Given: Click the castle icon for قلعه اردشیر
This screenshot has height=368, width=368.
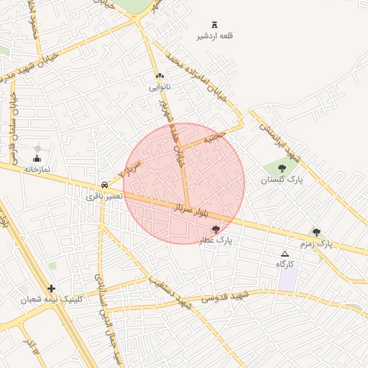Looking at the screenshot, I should (215, 24).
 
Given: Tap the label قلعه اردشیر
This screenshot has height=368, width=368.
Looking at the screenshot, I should (215, 36).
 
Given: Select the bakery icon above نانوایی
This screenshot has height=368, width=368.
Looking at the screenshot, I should (159, 76).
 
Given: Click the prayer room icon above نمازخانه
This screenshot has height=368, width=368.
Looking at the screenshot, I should (37, 157).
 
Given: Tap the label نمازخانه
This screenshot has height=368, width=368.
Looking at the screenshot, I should (37, 169).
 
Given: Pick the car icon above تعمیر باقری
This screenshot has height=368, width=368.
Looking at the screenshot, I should (106, 185).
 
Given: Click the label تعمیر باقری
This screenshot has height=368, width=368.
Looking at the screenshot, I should (105, 196).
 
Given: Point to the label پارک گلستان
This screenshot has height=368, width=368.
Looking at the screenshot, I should (282, 180).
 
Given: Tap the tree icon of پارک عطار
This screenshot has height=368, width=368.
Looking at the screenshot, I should (216, 229).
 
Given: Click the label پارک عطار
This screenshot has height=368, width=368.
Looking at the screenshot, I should (216, 241).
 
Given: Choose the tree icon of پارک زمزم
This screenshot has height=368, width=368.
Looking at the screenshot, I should (316, 232).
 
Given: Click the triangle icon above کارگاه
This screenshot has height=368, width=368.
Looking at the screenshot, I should (285, 254).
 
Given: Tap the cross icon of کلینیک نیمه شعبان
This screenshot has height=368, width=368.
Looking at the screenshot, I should (51, 288).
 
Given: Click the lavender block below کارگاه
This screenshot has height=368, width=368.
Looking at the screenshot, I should (287, 280).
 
